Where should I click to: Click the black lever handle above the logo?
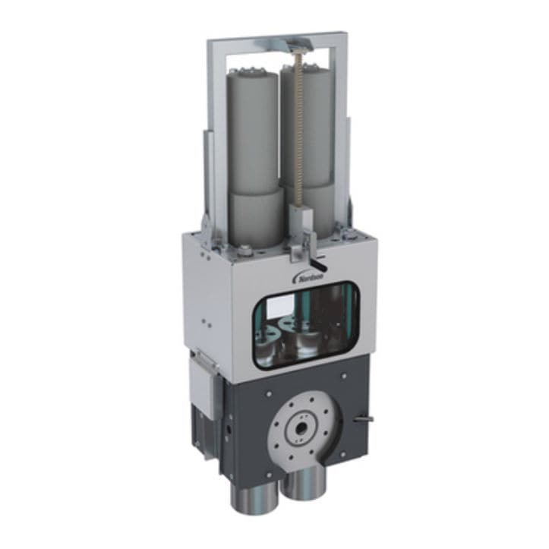[x=320, y=265]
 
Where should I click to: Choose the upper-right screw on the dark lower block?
[x=343, y=374]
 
